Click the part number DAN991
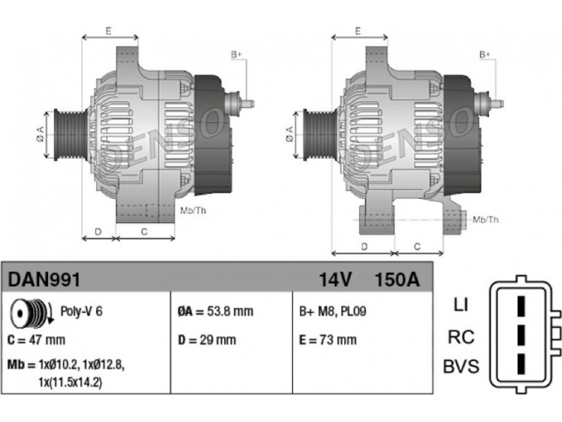pos(44,279)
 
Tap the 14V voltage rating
pos(336,279)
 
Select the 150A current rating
pos(397,279)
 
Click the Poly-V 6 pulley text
pos(81,311)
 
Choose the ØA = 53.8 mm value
pos(216,311)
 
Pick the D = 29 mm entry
pos(207,340)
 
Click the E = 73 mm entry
pos(328,340)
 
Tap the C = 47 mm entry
pos(37,340)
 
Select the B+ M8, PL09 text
pos(332,311)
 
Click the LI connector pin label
pos(461,305)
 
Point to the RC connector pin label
pos(462,337)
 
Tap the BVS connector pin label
pos(461,366)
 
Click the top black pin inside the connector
pos(521,306)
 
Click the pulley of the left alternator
pos(70,134)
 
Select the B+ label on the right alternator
pos(485,55)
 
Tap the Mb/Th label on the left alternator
pos(192,210)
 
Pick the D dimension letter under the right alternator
pos(364,247)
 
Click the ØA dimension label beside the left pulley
pos(40,134)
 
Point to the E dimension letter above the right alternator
pos(358,31)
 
